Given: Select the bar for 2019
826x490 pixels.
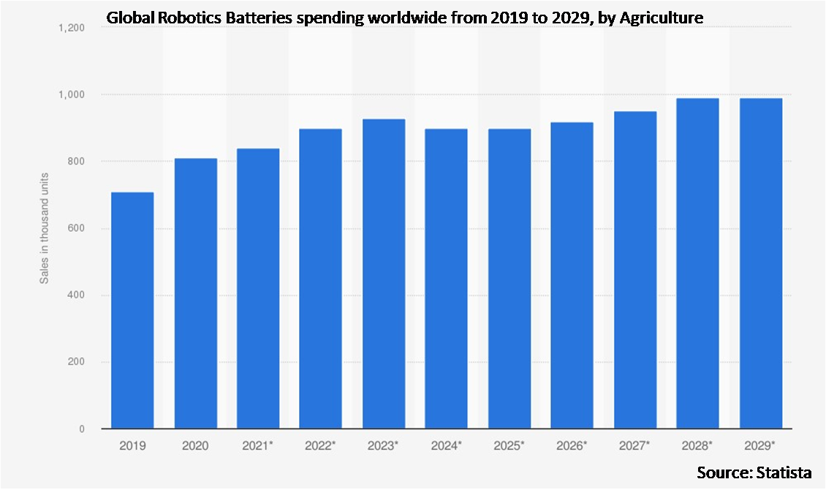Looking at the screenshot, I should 132,310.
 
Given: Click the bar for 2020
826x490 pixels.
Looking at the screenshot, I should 195,293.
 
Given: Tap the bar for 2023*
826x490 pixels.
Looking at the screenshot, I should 384,274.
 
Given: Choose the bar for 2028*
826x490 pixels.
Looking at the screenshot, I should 698,263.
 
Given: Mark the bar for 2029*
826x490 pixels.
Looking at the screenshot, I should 761,263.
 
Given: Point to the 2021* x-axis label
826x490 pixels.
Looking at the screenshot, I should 258,445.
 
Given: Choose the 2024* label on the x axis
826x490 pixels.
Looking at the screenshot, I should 447,445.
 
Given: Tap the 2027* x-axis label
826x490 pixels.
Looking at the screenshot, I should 635,445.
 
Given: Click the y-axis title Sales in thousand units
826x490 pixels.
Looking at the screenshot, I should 45,228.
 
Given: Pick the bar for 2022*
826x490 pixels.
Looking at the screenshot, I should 321,279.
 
